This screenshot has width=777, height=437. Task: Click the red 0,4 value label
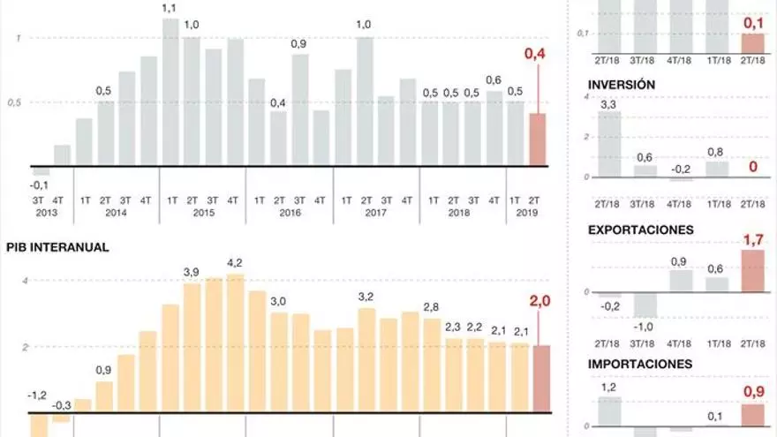tap(535, 55)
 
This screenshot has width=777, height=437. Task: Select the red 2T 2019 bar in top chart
tap(537, 139)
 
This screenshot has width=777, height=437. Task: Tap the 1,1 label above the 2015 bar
tap(170, 9)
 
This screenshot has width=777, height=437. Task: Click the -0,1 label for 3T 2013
tap(39, 185)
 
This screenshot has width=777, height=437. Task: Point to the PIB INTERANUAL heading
tap(57, 248)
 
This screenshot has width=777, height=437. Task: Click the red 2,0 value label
tap(539, 302)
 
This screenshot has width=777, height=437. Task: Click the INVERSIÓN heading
tap(621, 85)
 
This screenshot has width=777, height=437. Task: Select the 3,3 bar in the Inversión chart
tap(609, 144)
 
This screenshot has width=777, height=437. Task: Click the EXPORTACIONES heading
tap(640, 230)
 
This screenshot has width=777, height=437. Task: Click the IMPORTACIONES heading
tap(640, 364)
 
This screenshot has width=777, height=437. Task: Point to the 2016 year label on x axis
tap(290, 213)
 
